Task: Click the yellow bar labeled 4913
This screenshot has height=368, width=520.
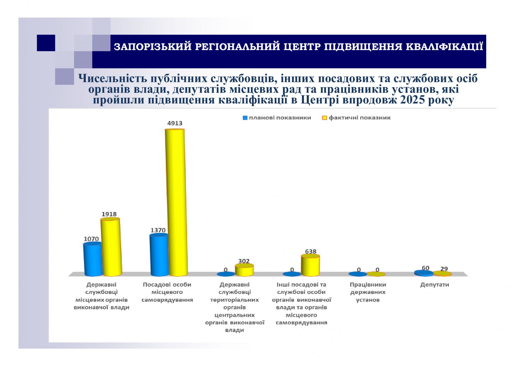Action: pos(175,202)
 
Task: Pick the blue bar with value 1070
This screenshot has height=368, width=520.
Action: pos(93,259)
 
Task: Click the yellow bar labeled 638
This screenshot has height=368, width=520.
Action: pos(310,265)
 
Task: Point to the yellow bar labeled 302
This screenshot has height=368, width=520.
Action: pos(244,270)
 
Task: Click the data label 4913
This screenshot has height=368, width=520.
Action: pos(175,123)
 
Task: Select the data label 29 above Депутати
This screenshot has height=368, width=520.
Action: pos(444,269)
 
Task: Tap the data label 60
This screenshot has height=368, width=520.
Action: pos(425,268)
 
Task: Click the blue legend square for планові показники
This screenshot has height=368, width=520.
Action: pos(245,118)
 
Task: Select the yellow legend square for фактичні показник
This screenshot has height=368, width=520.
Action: pos(324,118)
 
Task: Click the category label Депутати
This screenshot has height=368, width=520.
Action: pos(435,285)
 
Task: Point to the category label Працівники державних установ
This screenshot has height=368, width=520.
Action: pos(368,292)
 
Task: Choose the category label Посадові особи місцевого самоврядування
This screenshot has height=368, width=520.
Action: pos(167,292)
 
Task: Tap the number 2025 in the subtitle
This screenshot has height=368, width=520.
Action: pos(412,100)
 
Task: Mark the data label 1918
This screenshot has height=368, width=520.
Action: pos(109,214)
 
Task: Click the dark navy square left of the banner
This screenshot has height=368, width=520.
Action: pos(46,43)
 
